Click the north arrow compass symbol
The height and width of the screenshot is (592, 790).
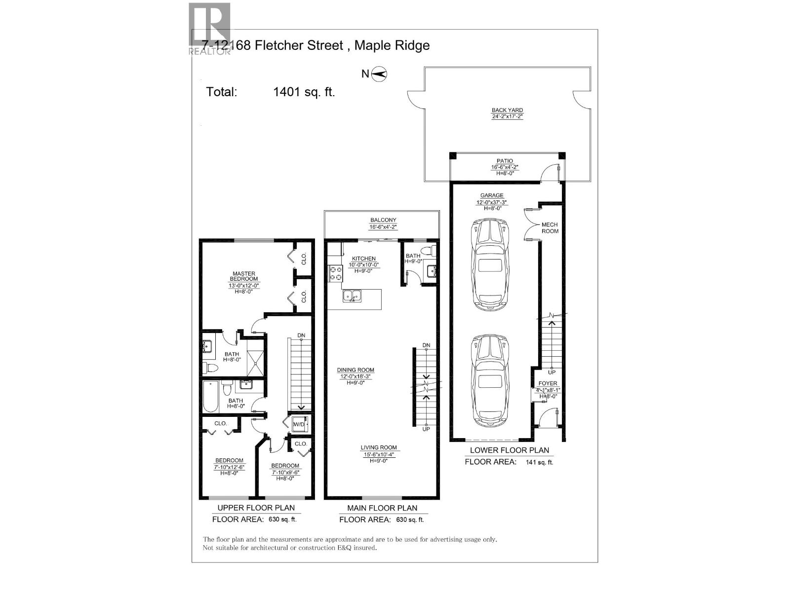point(379,74)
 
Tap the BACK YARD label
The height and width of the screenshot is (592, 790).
point(507,111)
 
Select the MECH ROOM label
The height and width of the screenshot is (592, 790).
point(550,228)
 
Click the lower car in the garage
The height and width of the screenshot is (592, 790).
point(490,381)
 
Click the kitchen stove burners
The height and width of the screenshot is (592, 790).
point(336,274)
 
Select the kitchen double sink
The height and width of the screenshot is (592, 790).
point(353,296)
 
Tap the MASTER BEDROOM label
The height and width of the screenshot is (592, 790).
point(244,276)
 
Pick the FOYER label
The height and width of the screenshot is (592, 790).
point(548,383)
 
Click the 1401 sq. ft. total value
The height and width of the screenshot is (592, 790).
point(304,92)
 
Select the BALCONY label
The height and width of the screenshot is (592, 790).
point(383,221)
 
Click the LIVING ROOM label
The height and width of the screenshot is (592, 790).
point(379,447)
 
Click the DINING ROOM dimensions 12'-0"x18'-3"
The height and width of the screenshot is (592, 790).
point(355,376)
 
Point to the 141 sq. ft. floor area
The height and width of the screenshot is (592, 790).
point(539,462)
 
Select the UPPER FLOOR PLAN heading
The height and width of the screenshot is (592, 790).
point(256,508)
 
